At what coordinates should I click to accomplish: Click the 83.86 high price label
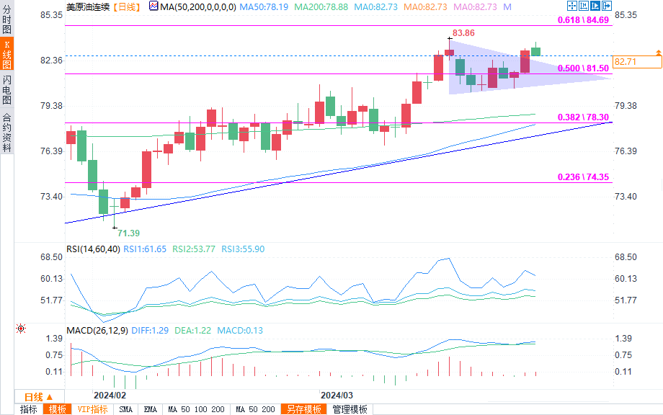point(463,34)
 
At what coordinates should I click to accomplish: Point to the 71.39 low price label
point(128,233)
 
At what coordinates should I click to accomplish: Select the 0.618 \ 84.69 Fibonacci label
point(584,20)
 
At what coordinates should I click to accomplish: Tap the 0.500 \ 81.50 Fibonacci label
point(584,68)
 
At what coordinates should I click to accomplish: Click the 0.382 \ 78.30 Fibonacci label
point(584,117)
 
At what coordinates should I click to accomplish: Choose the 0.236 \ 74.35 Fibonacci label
point(584,177)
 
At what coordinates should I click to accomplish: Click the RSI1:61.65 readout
point(144,249)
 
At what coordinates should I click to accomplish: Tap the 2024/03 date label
point(337,396)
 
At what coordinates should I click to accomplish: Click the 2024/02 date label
point(110,396)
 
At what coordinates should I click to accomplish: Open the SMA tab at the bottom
point(125,409)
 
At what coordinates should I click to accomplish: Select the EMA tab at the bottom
point(150,409)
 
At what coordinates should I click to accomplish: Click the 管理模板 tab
point(350,409)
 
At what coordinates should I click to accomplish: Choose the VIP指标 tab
point(92,409)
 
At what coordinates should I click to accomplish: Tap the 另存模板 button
point(303,409)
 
